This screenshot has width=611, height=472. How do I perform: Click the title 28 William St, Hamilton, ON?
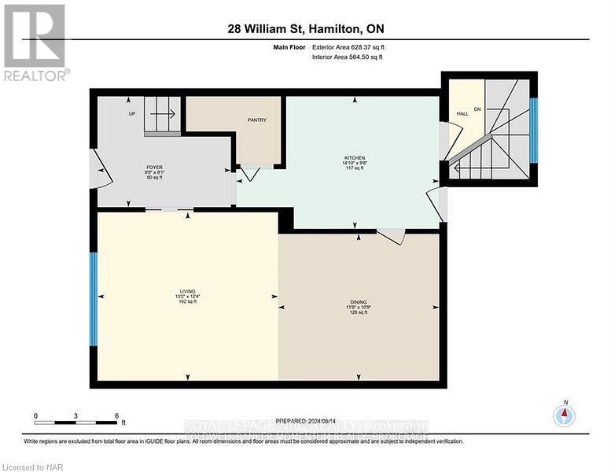305,30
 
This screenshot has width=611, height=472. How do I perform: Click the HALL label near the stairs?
462,114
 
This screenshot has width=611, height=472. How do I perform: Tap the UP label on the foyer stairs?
132,114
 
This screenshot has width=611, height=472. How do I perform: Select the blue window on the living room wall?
93,298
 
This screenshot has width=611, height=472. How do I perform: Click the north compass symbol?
563,415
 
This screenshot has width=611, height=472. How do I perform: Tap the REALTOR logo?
35,42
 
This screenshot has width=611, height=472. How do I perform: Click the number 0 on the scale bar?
35,415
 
